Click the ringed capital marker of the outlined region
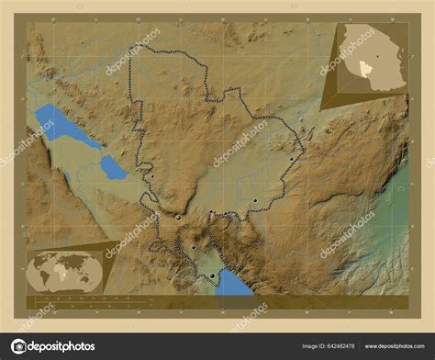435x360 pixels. click(178, 219)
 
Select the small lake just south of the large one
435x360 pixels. click(113, 167)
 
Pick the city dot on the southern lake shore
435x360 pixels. click(212, 276)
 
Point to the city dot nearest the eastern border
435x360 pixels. click(292, 159)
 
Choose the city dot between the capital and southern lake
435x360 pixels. click(194, 247)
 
